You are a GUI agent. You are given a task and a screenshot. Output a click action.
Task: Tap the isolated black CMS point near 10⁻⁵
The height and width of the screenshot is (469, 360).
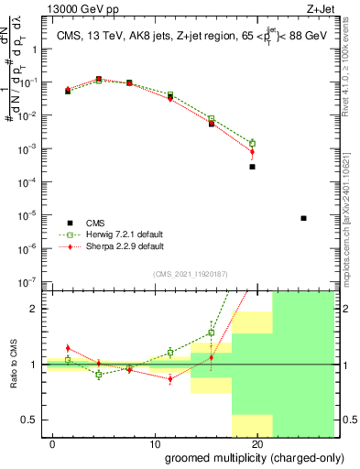pyautogui.click(x=303, y=218)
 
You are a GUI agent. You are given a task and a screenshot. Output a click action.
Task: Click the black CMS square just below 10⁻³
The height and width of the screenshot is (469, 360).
pyautogui.click(x=252, y=167)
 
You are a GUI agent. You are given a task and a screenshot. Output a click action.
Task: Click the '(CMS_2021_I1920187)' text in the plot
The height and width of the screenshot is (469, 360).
pyautogui.click(x=190, y=273)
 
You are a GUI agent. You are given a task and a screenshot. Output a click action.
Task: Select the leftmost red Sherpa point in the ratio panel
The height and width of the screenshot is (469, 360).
pyautogui.click(x=68, y=348)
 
